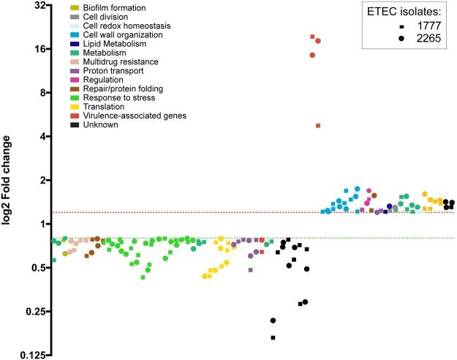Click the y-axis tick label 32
[39, 6]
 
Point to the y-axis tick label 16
[39, 49]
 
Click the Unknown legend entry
[100, 125]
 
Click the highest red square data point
[312, 37]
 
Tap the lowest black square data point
[273, 337]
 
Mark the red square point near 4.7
[318, 126]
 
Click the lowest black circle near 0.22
[273, 320]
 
